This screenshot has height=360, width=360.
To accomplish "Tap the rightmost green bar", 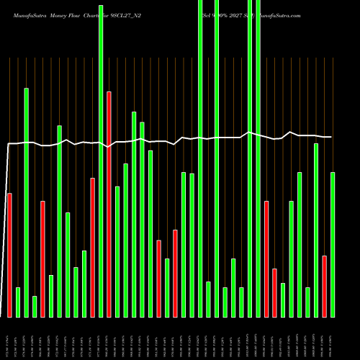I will tap(333, 244).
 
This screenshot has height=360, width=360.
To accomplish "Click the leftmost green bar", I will tap(18, 302).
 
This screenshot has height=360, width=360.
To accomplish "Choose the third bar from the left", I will tap(26, 202).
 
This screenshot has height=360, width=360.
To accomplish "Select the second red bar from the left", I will tap(42, 258).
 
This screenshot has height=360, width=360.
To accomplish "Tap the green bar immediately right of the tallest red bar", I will tap(117, 251).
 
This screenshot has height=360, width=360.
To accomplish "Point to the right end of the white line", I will tap(331, 137).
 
